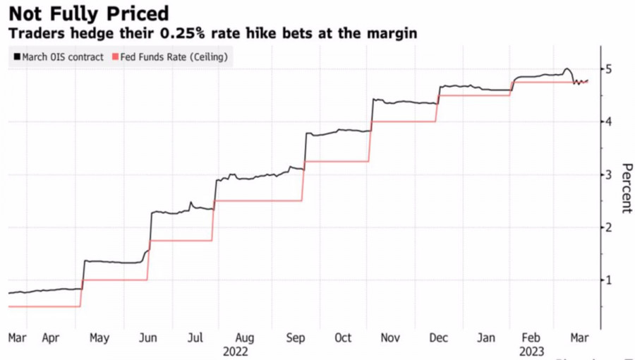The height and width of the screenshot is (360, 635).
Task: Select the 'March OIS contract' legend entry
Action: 58,56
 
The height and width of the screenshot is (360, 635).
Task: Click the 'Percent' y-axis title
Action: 626,188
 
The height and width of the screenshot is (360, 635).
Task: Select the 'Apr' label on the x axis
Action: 51,338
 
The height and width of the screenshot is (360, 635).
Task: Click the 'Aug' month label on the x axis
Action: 244,338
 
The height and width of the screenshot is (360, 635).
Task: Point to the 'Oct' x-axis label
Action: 342,338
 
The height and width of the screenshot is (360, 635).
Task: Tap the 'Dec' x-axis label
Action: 438,338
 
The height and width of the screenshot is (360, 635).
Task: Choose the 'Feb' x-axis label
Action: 534,338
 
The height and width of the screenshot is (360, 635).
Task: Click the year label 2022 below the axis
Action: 235,351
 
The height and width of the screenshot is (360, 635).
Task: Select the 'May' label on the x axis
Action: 99,338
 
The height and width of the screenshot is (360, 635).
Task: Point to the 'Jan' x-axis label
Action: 486,338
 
